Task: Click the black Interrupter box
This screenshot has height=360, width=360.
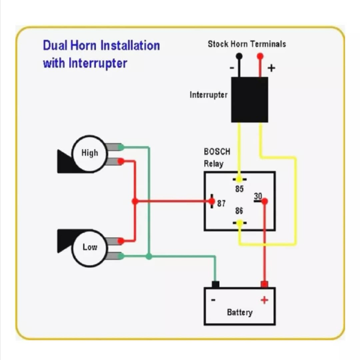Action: click(x=249, y=100)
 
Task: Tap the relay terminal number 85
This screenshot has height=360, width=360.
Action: click(x=239, y=189)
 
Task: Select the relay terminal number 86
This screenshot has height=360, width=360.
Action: click(x=239, y=211)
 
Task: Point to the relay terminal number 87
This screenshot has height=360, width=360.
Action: click(x=221, y=203)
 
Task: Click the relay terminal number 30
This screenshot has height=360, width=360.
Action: click(x=258, y=196)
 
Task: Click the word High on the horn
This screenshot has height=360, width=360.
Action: click(x=90, y=153)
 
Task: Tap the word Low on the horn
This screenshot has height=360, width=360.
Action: click(x=90, y=247)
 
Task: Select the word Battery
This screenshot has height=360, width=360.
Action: click(x=239, y=312)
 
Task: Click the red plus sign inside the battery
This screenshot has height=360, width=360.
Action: click(x=264, y=300)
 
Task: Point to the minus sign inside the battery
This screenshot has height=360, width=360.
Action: click(x=213, y=300)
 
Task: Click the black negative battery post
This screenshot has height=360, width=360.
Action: click(x=215, y=284)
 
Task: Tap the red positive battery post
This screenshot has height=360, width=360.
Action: click(x=265, y=284)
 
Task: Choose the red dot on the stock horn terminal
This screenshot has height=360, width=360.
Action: click(x=260, y=56)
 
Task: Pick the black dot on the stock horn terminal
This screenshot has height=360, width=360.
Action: click(x=239, y=56)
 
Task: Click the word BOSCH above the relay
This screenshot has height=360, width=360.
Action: click(x=217, y=152)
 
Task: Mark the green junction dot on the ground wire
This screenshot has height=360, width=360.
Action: click(x=149, y=256)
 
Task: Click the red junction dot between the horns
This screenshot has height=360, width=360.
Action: click(x=135, y=201)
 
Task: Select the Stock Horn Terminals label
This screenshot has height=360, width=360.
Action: click(x=247, y=44)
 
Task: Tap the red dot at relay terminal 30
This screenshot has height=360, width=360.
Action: click(x=265, y=201)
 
